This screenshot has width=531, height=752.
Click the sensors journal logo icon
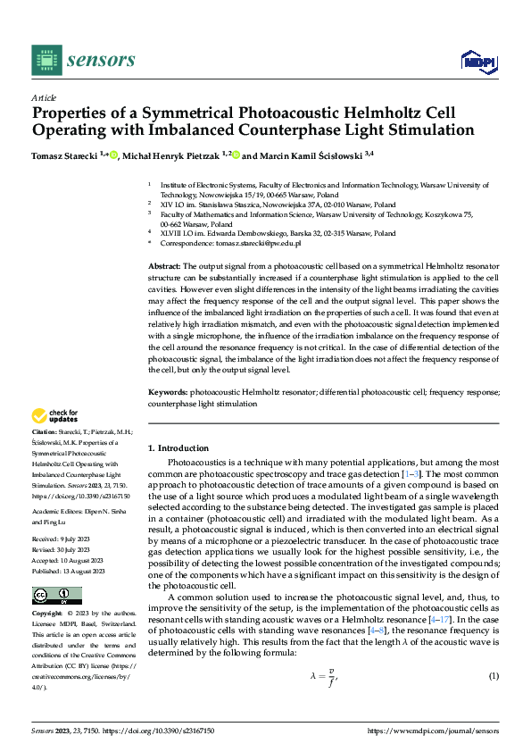point(46,60)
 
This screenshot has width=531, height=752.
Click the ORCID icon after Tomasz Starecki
point(113,155)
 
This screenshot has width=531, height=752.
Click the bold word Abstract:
point(163,266)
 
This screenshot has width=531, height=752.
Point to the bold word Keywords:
point(167,392)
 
